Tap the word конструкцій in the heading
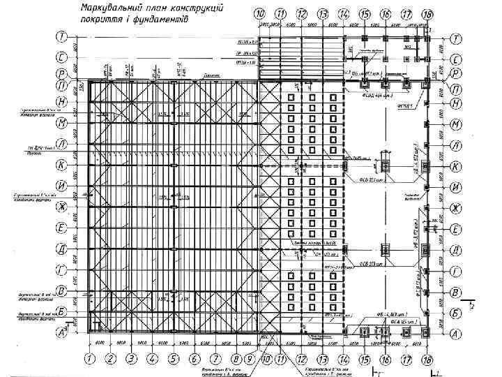[x=199, y=9]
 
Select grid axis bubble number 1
[x=89, y=359]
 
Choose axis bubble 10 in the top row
[x=259, y=14]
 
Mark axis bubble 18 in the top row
[x=427, y=14]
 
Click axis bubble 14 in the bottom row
[x=344, y=359]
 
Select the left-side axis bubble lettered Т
[x=61, y=38]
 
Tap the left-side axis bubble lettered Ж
[x=61, y=207]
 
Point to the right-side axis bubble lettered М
[x=455, y=124]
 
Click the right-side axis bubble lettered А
[x=455, y=334]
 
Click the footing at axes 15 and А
[x=363, y=332]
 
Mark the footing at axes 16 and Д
[x=385, y=248]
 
